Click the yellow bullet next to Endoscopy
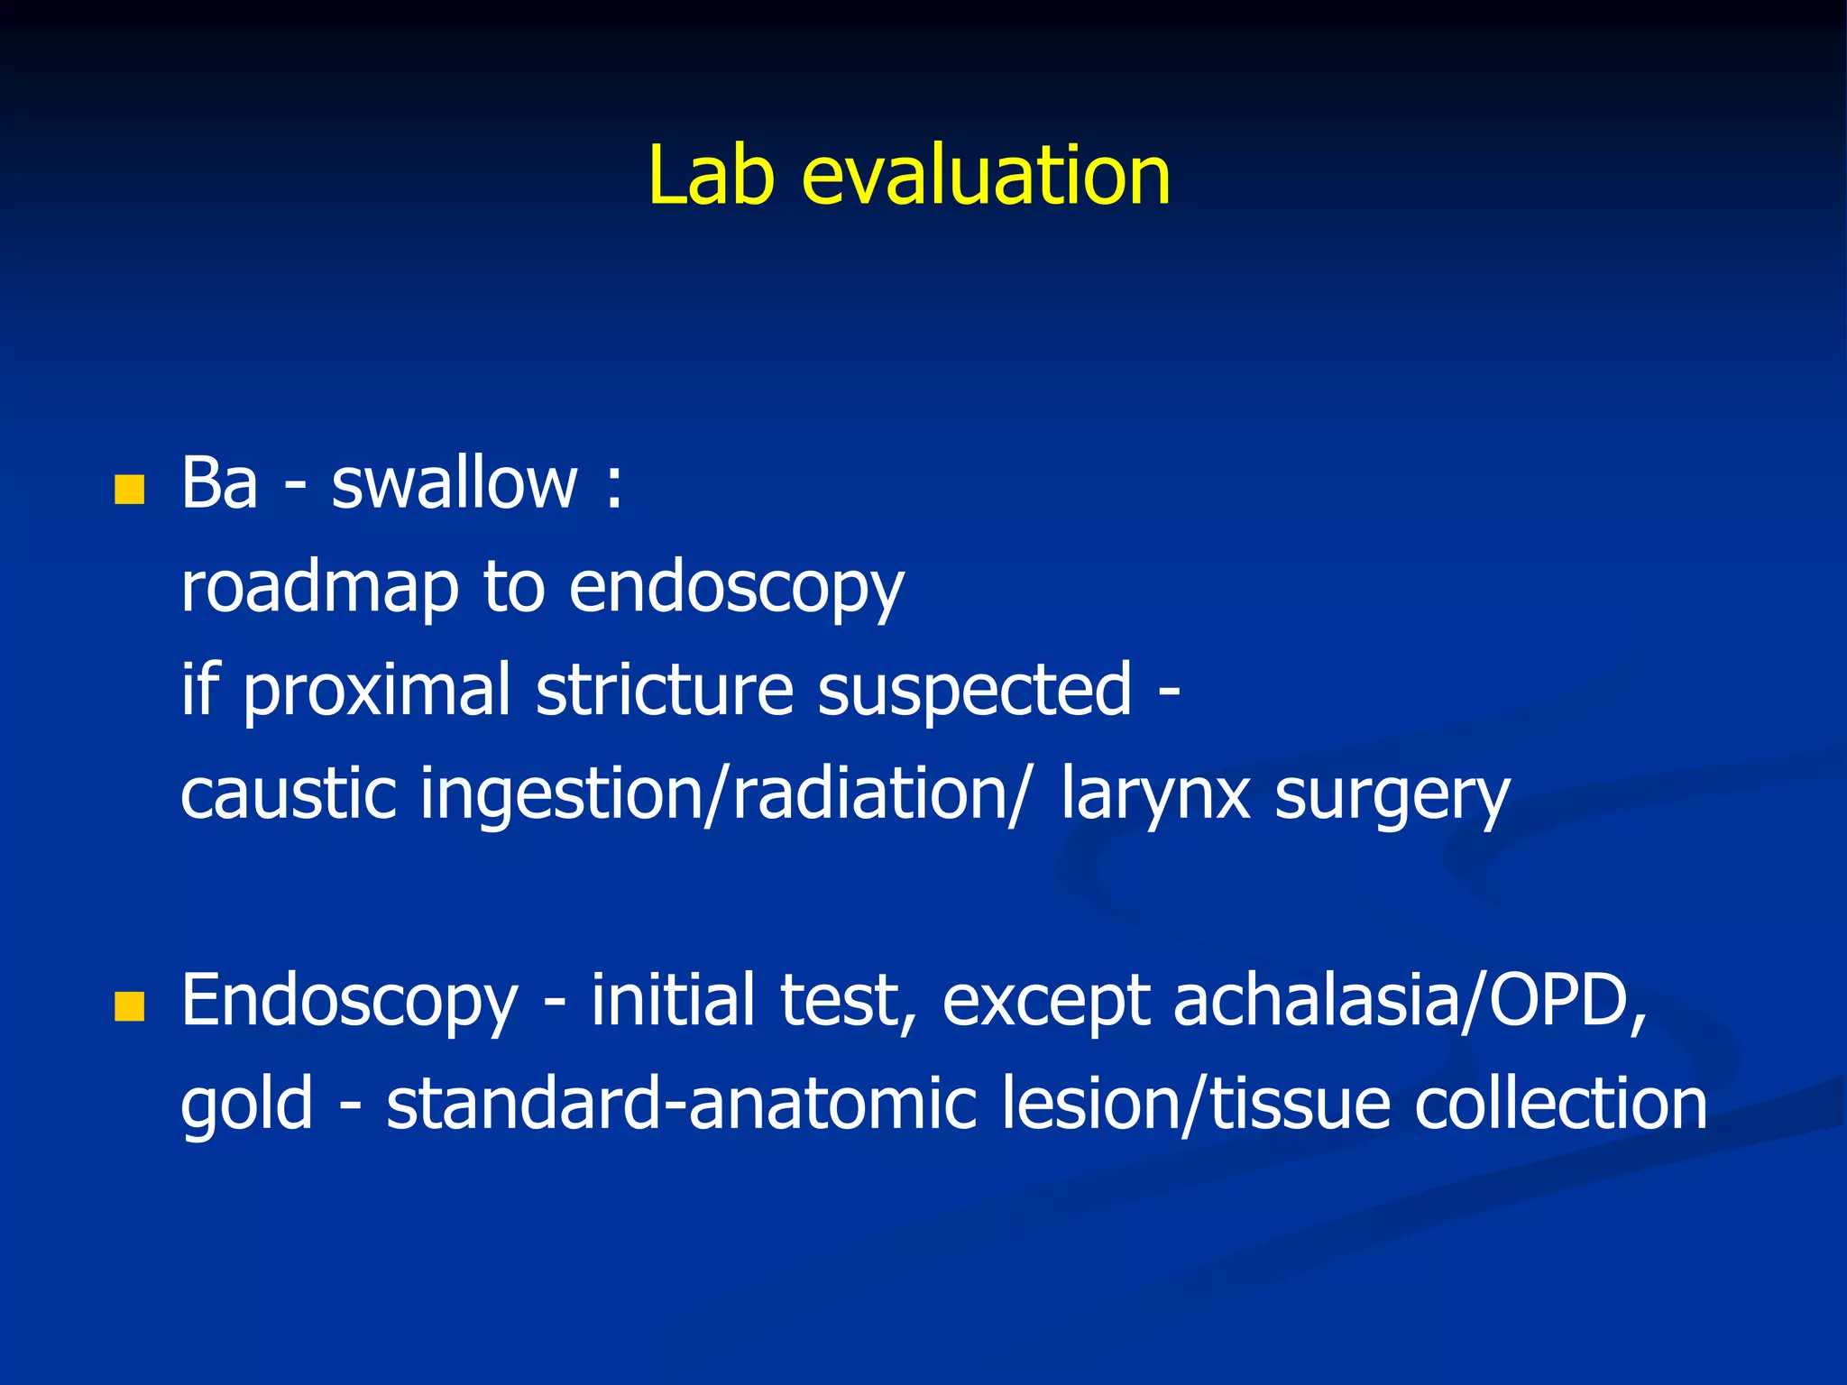130,1006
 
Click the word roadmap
319,589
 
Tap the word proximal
377,692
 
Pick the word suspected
974,692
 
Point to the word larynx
1155,795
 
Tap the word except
1046,1003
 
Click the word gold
246,1105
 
